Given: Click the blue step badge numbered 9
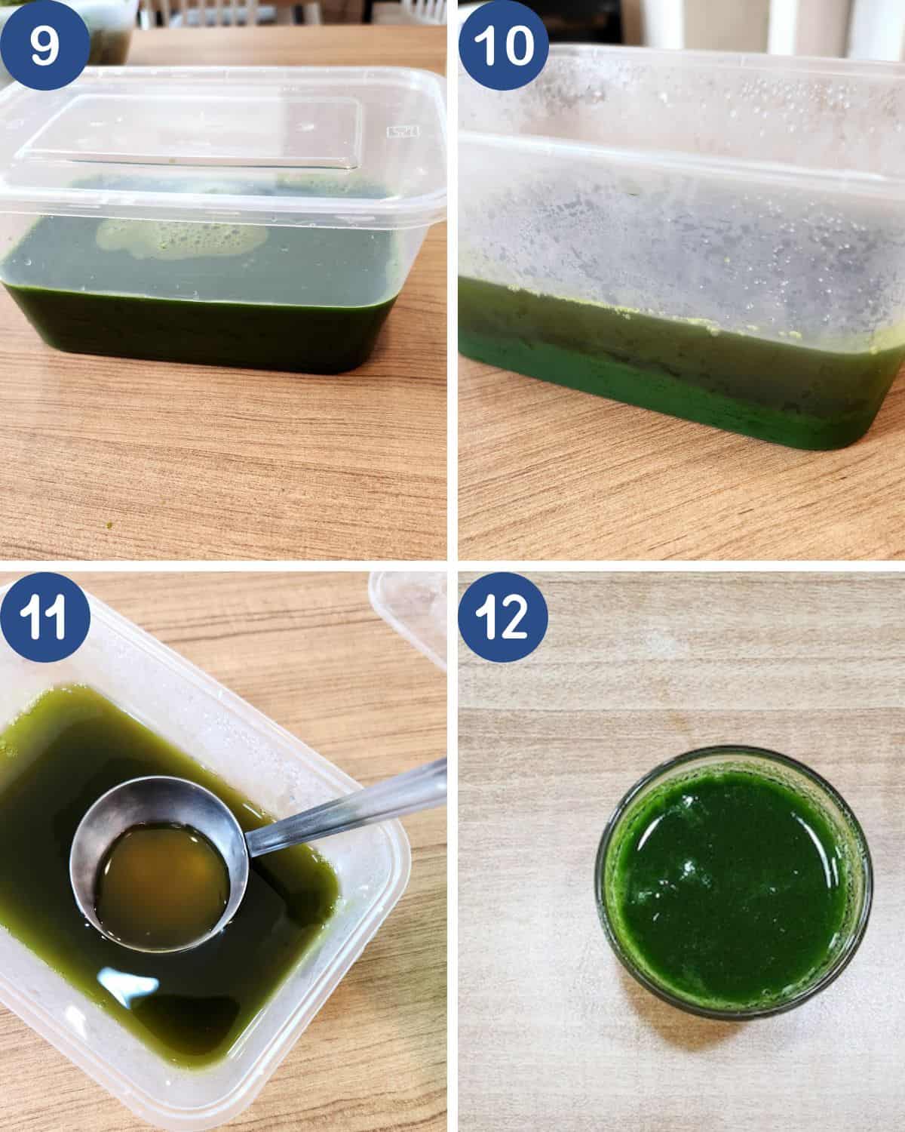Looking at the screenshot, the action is coord(44,45).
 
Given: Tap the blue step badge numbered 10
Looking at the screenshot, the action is coord(503,45).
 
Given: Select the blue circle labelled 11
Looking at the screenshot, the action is coord(44,617).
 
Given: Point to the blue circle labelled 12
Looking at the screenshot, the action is coord(503,617).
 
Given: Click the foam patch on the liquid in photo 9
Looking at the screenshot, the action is coord(179,238).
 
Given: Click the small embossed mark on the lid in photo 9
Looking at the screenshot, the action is coord(402,131).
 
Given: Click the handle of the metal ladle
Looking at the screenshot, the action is coord(347,803).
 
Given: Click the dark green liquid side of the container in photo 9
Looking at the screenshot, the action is coord(200,331).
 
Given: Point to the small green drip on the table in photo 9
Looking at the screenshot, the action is coord(109,524).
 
